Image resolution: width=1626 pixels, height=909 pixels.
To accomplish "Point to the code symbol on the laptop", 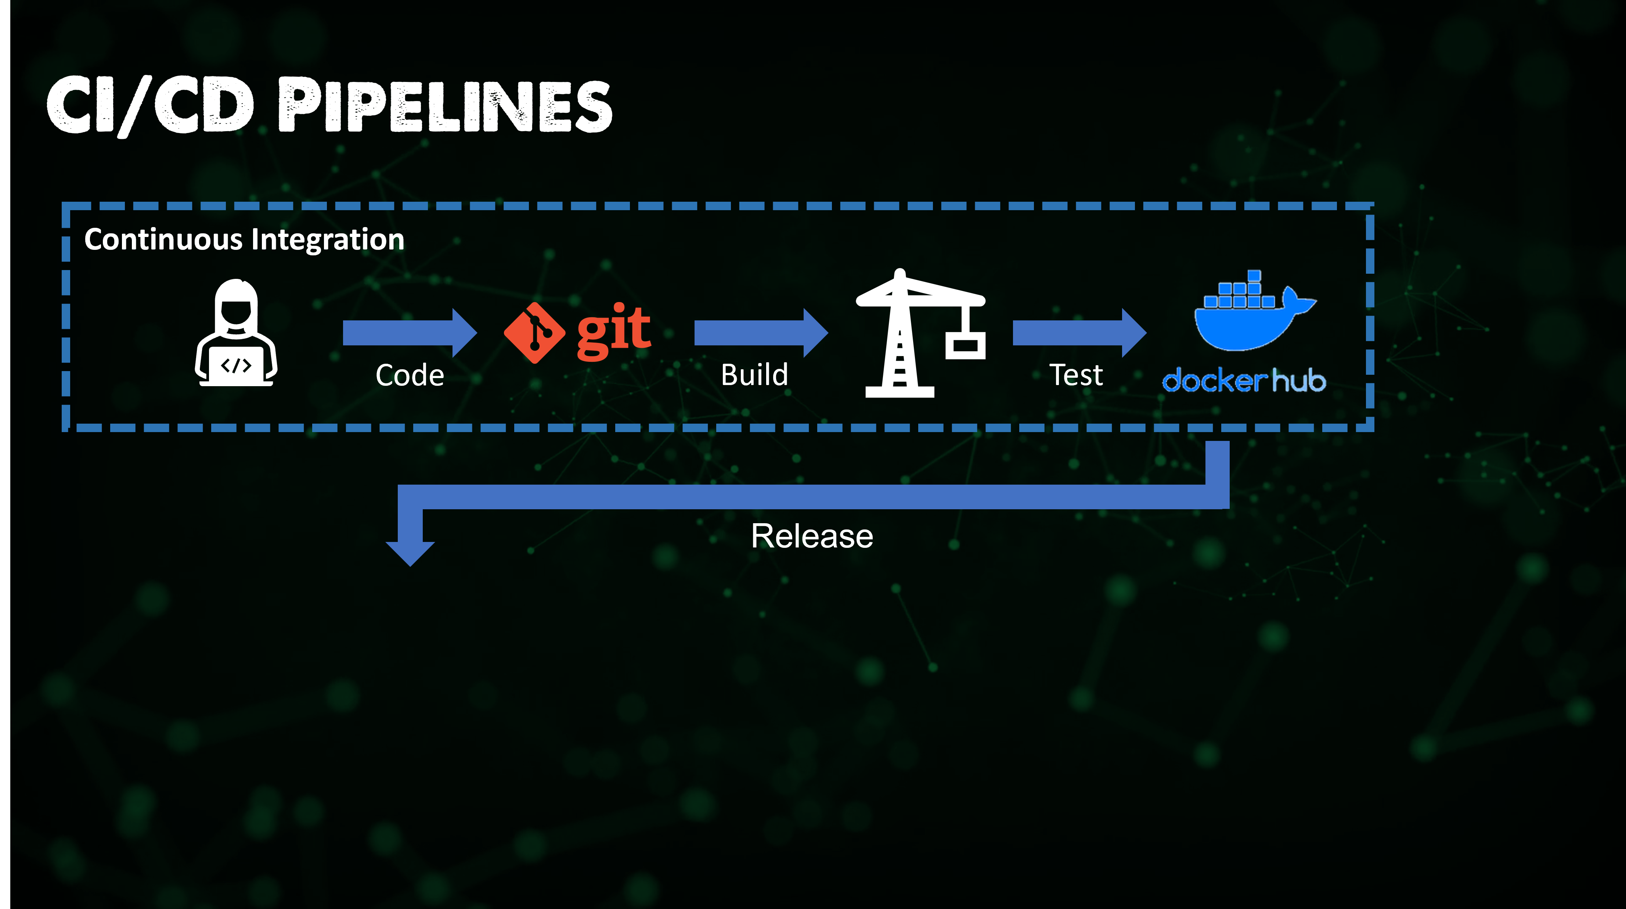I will tap(236, 366).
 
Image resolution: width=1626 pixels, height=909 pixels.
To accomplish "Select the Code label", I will tap(410, 376).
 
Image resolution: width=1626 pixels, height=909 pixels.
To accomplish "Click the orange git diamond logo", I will tap(534, 333).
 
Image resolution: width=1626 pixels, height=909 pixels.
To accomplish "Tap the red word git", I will tap(613, 330).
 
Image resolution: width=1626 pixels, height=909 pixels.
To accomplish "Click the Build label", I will tap(754, 375).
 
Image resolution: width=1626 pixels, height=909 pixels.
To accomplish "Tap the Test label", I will tap(1075, 375).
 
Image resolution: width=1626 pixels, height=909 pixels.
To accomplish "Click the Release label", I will tap(812, 536).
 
